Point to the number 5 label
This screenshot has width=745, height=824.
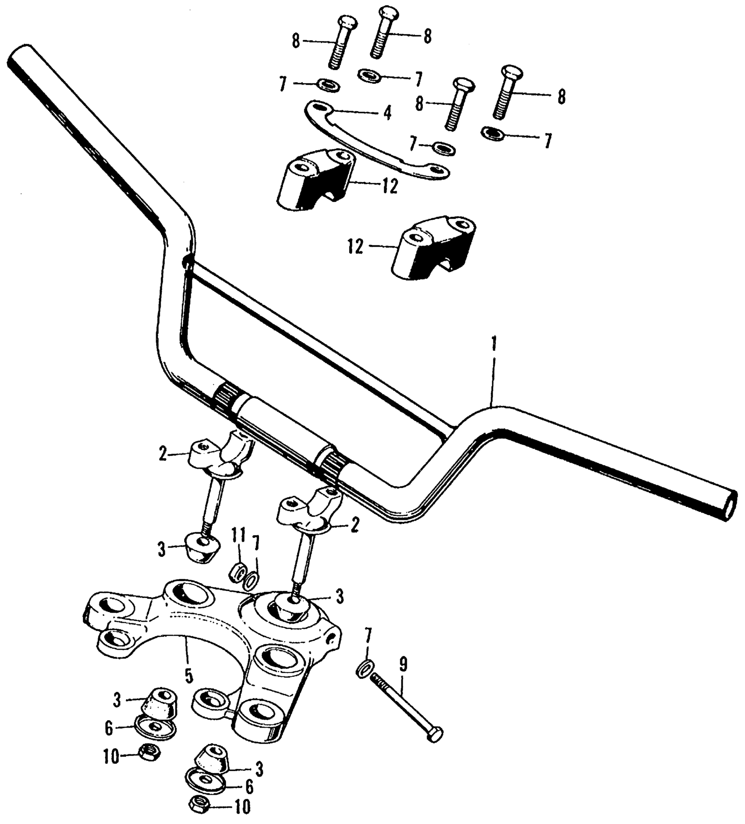188,676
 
